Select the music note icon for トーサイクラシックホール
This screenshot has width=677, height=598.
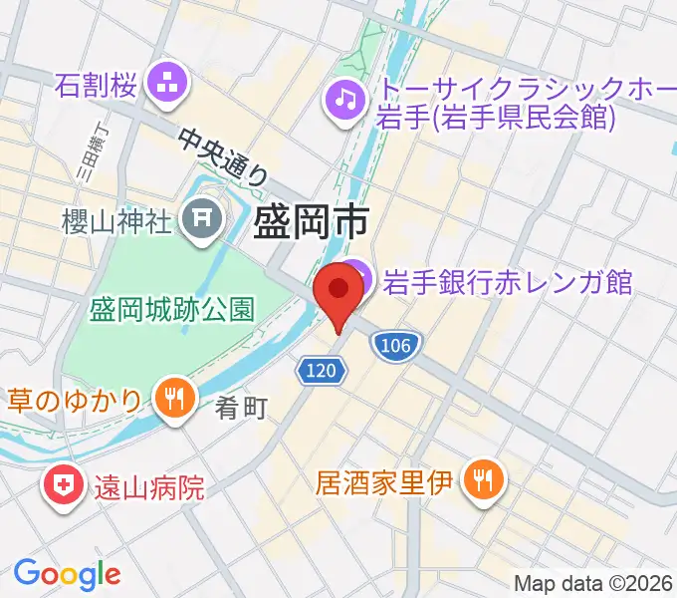(x=344, y=98)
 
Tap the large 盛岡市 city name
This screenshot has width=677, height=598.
(x=312, y=220)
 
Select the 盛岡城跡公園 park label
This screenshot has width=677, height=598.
(x=170, y=308)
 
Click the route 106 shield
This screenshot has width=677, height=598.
(x=396, y=345)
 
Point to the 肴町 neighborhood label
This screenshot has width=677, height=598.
(x=240, y=408)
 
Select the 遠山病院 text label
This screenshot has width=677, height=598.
(x=149, y=487)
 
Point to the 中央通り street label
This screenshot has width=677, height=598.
(x=225, y=157)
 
